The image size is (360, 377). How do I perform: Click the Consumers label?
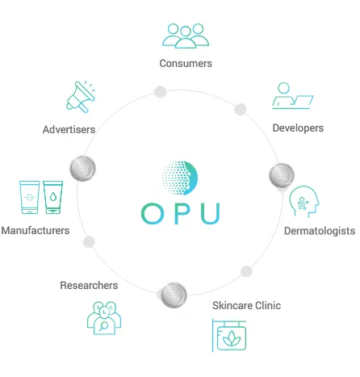pos(186,64)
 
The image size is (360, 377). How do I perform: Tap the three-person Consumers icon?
pos(186,36)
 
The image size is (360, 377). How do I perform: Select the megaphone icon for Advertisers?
pos(81,97)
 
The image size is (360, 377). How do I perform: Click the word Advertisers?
pos(69,130)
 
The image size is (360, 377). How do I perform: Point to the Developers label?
pos(298,128)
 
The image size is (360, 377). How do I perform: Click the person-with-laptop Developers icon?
pos(293,96)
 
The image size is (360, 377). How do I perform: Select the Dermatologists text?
pos(320,231)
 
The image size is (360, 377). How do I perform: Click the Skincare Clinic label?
pos(246,306)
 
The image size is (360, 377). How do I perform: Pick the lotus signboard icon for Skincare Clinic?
pos(229,335)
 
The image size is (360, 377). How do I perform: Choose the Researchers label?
pos(89,286)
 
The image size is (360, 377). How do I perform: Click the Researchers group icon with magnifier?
pos(104,318)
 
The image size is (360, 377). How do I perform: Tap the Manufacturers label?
pos(36,231)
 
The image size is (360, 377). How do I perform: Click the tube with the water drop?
pos(53,197)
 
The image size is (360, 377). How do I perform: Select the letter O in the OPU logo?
pos(153,213)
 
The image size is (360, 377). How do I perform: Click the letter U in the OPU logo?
pos(211,214)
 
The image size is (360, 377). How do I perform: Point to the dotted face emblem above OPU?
pos(180,178)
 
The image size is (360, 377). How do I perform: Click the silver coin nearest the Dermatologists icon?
pos(282,175)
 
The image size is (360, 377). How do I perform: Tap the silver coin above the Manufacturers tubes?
pos(83,169)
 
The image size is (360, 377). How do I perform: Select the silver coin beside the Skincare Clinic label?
pos(174,295)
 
